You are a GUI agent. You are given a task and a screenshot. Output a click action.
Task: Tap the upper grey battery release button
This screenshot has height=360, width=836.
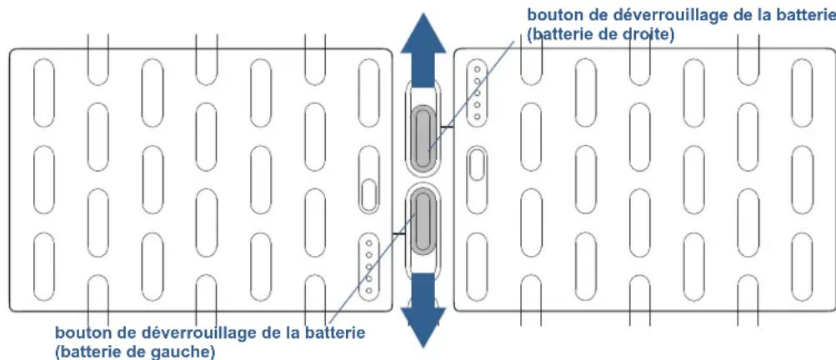(422, 135)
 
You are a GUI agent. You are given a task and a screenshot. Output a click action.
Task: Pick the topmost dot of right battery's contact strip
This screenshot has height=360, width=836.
(477, 70)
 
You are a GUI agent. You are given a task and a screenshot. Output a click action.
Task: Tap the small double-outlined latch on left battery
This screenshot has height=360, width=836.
(368, 194)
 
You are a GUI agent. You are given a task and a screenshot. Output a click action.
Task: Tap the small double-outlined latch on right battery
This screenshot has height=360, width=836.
(476, 164)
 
